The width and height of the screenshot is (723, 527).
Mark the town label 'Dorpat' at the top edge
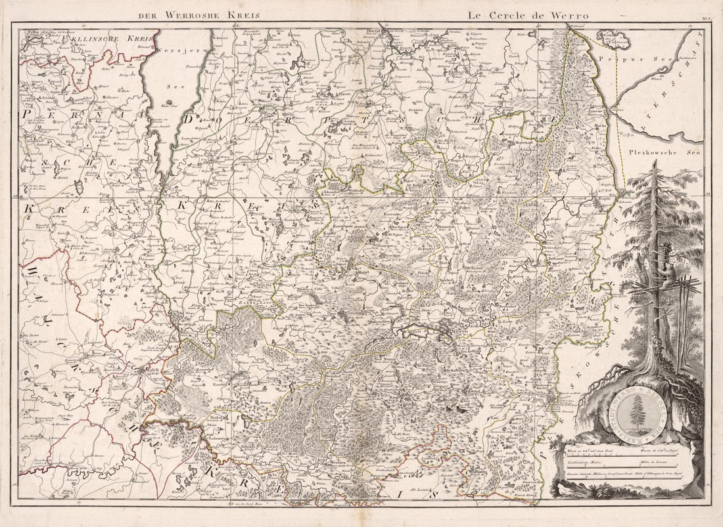coord(384,32)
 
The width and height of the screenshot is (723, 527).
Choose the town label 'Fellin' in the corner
coord(28,32)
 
